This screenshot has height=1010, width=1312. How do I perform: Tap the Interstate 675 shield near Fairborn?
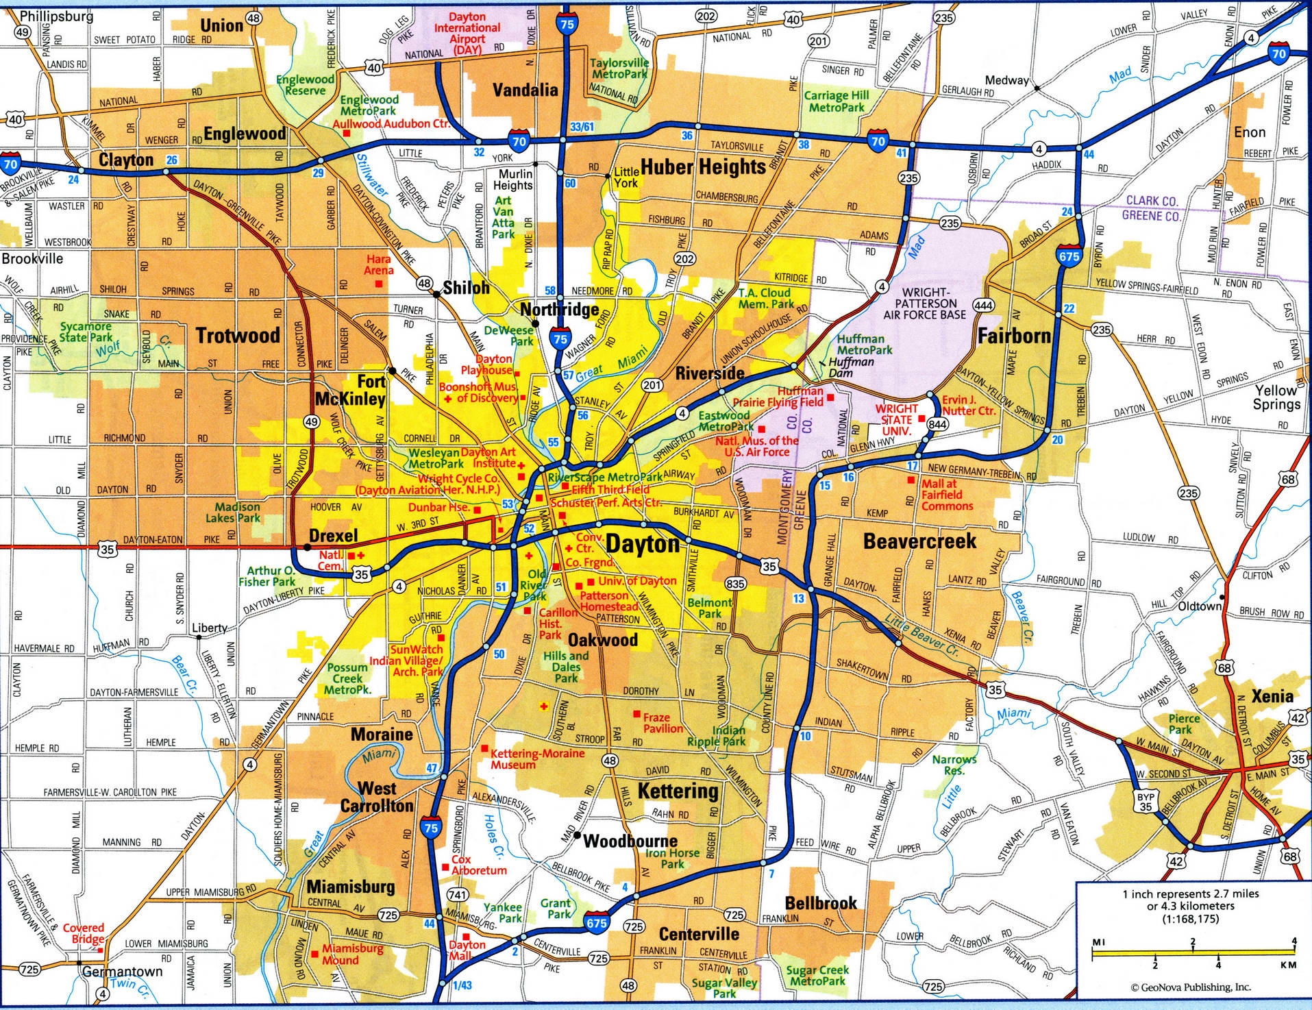[x=1069, y=256]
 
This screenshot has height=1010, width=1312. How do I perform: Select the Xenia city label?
[x=1272, y=696]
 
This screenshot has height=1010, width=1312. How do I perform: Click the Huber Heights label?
[x=703, y=167]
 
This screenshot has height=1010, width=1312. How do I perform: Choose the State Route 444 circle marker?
[x=987, y=305]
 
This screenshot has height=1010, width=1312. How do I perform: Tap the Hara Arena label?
[x=379, y=264]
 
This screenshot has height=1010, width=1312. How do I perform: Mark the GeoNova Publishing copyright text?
[x=1191, y=987]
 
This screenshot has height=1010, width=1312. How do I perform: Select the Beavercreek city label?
[x=919, y=541]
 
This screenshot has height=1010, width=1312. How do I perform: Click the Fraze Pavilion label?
[x=663, y=723]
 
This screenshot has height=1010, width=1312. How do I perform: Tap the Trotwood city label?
[x=238, y=335]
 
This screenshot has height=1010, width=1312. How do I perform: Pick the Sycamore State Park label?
[x=86, y=332]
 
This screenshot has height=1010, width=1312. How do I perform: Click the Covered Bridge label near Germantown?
[x=84, y=933]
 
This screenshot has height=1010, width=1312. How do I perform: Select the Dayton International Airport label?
[x=467, y=28]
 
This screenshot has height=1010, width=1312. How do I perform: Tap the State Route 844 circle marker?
[x=937, y=425]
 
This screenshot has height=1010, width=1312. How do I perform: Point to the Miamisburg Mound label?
[x=352, y=954]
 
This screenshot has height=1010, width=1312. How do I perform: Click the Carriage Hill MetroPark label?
[x=837, y=101]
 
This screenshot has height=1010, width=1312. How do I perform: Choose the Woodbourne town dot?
[x=578, y=835]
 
